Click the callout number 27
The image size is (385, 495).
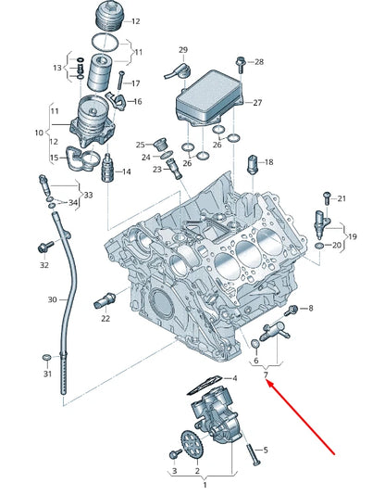click(257, 103)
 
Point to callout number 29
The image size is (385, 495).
click(182, 49)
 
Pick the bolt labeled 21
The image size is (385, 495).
click(326, 199)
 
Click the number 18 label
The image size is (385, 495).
click(269, 162)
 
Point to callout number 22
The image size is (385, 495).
click(106, 318)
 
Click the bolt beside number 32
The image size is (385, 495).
click(43, 247)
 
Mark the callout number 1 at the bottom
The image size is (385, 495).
click(205, 485)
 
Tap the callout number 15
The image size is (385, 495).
click(54, 159)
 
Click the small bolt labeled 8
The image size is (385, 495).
click(294, 309)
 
